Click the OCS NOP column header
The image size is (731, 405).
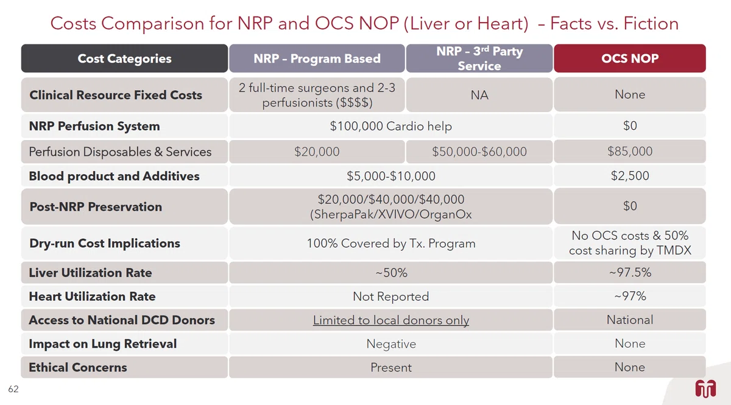tap(630, 58)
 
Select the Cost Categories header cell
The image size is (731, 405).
tap(124, 58)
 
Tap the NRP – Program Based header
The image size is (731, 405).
tap(317, 58)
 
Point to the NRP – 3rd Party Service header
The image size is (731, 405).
tap(479, 58)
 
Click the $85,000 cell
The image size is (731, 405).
tap(630, 152)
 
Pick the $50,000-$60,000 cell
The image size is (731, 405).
tap(479, 152)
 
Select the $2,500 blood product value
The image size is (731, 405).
tap(630, 176)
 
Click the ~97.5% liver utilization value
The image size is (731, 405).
tap(630, 272)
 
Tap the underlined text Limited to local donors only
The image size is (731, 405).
tap(391, 320)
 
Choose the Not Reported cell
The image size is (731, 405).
tap(391, 297)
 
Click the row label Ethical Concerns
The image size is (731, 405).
tap(78, 367)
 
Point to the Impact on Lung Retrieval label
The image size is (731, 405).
tap(103, 343)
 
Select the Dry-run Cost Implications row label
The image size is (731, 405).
tap(104, 243)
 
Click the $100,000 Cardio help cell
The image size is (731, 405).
tap(391, 126)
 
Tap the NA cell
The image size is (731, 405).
tap(479, 95)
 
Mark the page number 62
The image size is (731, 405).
tap(13, 389)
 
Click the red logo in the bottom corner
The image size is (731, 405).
tap(705, 389)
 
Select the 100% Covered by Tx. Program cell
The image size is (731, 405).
tap(391, 244)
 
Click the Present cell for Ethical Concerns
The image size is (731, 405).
tap(391, 367)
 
